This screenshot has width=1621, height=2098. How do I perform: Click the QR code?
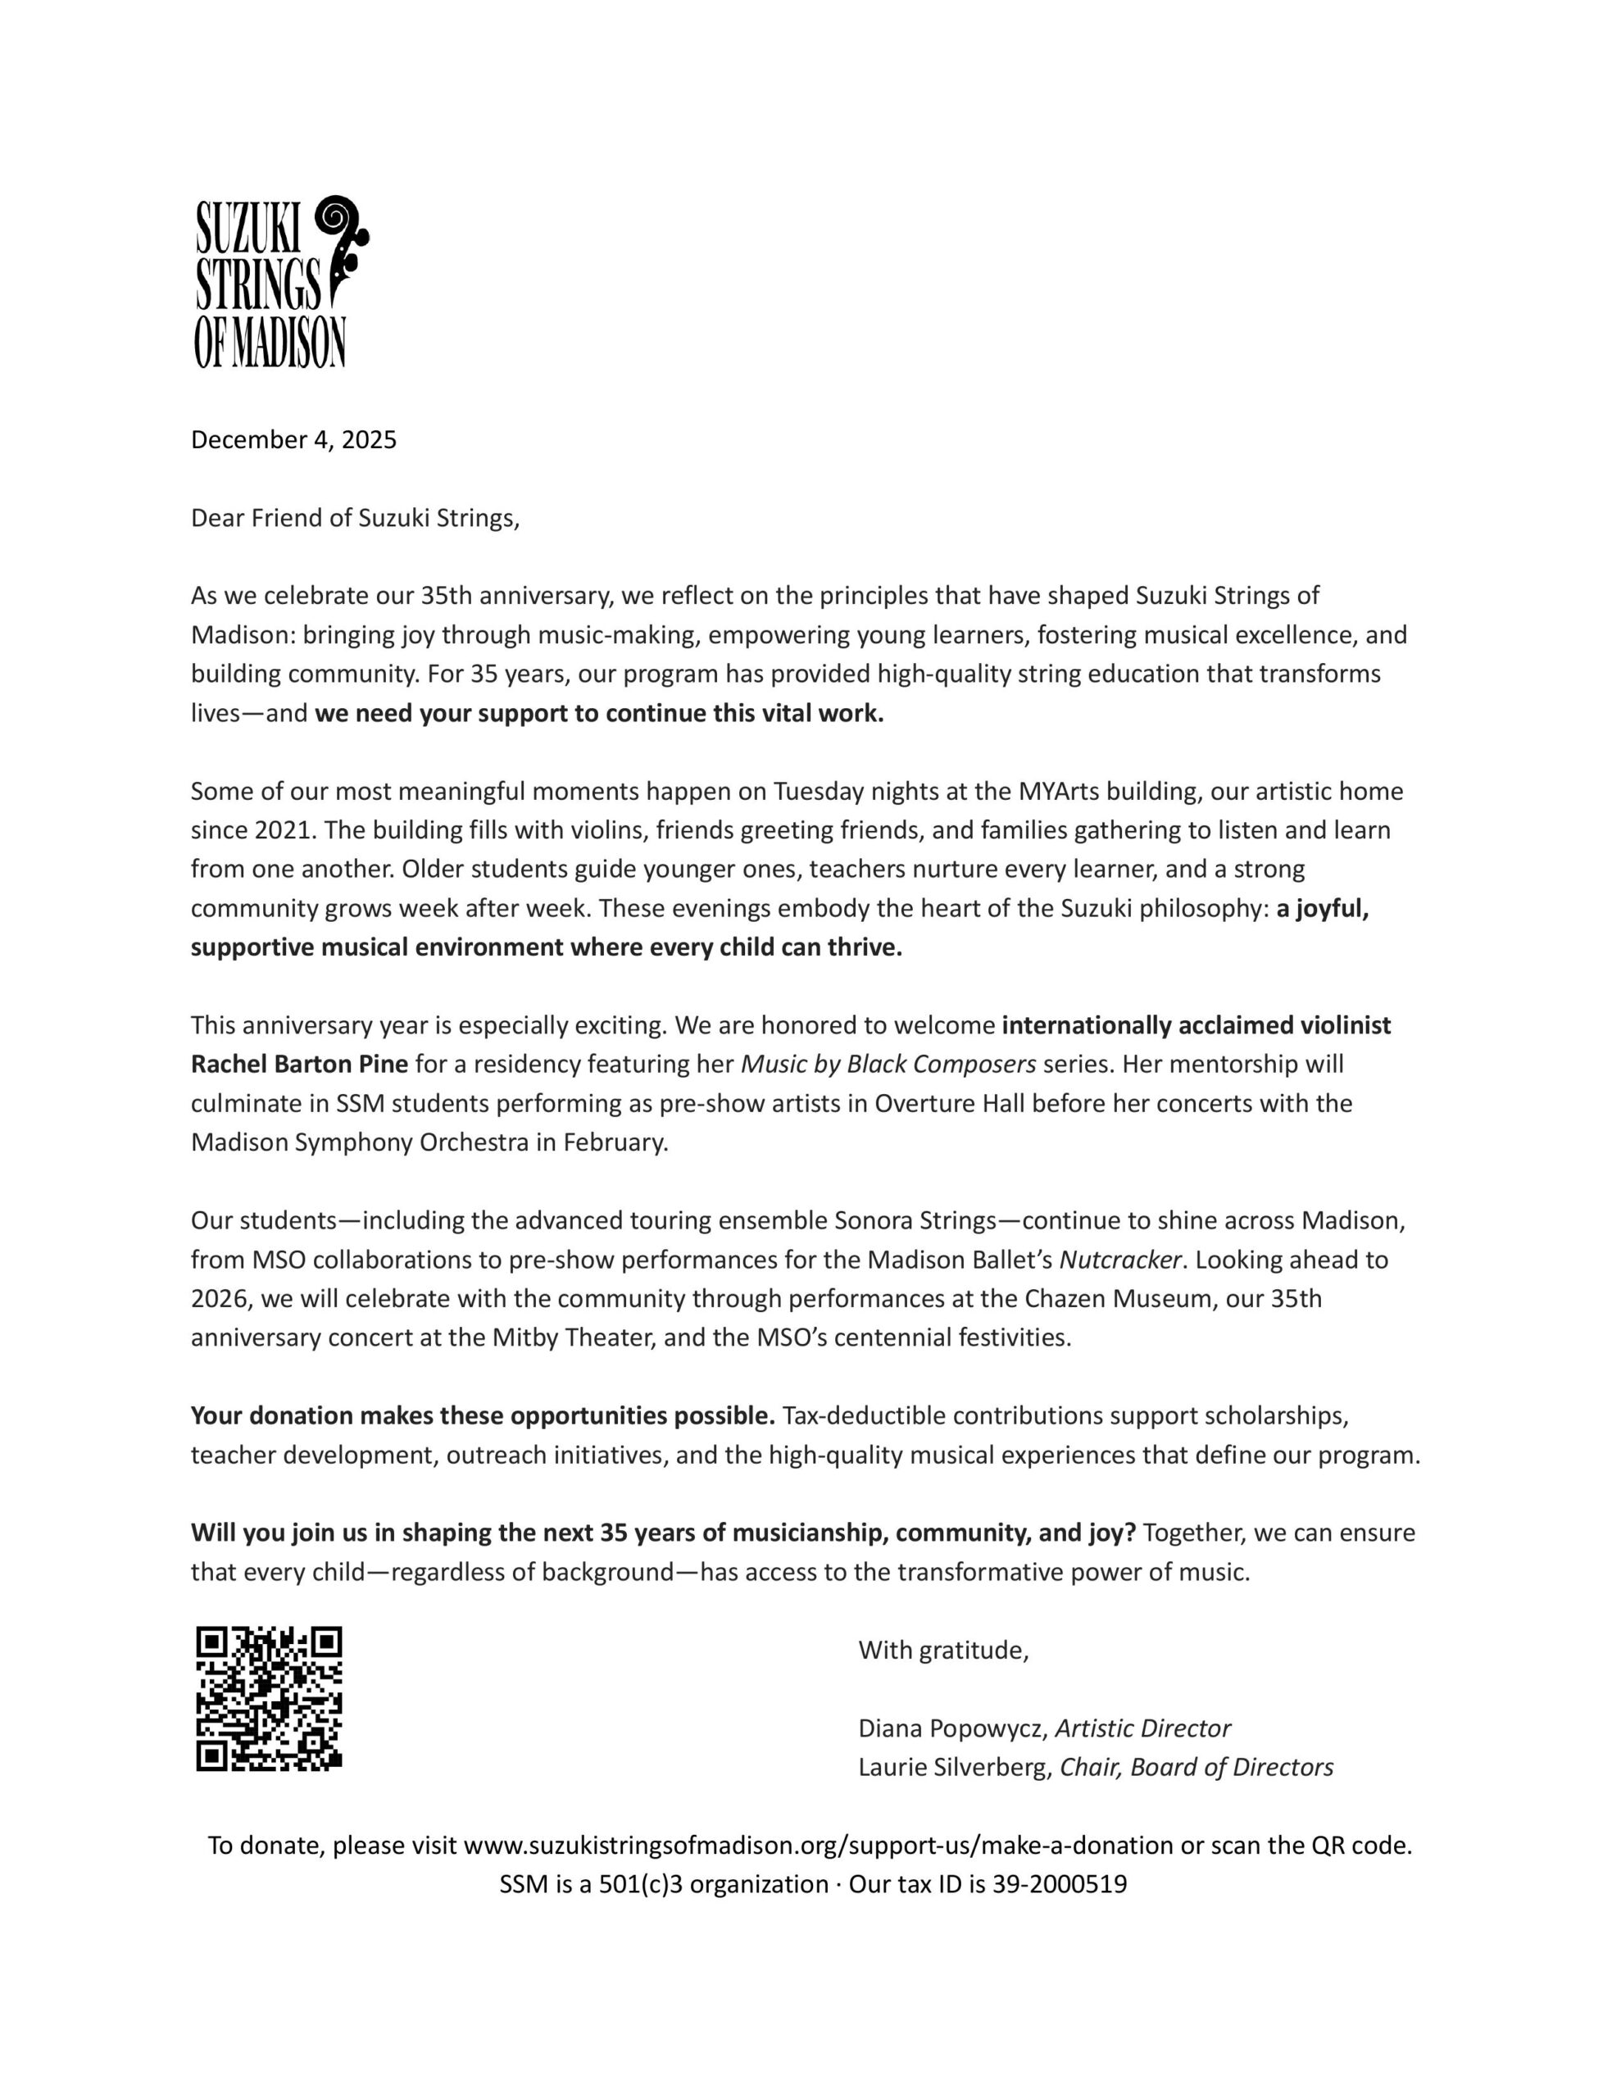coord(269,1697)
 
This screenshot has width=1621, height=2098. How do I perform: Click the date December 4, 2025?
coord(293,440)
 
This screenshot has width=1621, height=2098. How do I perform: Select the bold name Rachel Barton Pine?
coord(300,1065)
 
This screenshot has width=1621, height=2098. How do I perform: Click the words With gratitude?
coord(942,1651)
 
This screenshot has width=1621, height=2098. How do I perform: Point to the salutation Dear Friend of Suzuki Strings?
coord(355,519)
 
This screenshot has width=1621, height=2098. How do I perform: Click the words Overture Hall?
coord(941,1104)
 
